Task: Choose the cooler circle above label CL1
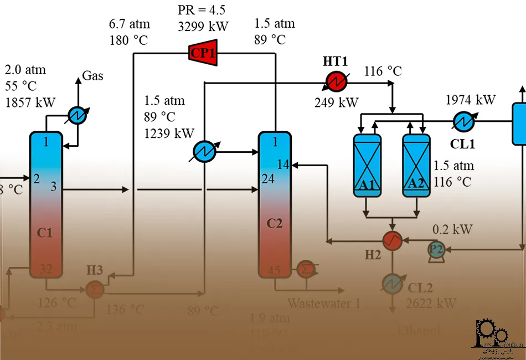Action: pos(463,120)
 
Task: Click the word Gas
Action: pos(92,76)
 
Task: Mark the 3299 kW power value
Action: pos(203,25)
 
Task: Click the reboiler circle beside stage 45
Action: pos(306,269)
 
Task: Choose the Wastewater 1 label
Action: pos(323,303)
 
